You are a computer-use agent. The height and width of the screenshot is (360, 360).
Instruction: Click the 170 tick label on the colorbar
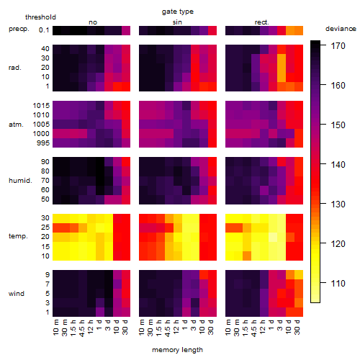(338, 45)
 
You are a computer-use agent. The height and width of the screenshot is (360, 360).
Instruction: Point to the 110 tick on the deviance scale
(338, 283)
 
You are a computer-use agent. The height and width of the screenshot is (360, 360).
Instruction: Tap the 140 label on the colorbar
(338, 164)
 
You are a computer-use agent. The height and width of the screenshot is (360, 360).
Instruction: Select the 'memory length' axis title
(177, 350)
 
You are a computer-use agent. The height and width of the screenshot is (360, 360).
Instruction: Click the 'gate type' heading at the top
(178, 12)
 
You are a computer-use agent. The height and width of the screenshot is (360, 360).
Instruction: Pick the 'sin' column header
(177, 22)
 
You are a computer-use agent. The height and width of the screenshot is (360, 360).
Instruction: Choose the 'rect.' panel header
(261, 22)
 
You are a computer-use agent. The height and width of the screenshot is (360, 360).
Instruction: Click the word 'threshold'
(40, 17)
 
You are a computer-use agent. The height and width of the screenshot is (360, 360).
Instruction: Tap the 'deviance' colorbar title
(341, 29)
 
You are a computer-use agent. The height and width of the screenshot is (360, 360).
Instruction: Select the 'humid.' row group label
(20, 181)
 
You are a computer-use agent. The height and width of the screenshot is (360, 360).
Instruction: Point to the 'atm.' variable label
(16, 125)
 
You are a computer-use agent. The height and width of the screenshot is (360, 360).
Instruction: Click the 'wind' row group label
(17, 294)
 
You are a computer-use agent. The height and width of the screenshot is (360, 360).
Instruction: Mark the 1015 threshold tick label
(41, 105)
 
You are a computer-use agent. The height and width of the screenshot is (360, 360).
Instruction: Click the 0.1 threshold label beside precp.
(44, 30)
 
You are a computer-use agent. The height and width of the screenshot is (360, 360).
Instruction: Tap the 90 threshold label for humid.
(45, 161)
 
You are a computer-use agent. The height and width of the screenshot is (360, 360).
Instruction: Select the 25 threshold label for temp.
(45, 227)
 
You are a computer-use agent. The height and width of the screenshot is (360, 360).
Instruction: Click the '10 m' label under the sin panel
(143, 328)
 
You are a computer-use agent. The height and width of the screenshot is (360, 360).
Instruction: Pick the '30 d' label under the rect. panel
(297, 328)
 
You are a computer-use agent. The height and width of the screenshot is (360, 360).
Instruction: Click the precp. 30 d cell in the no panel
(126, 30)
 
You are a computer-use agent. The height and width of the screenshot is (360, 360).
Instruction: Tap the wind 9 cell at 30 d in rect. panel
(299, 274)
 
